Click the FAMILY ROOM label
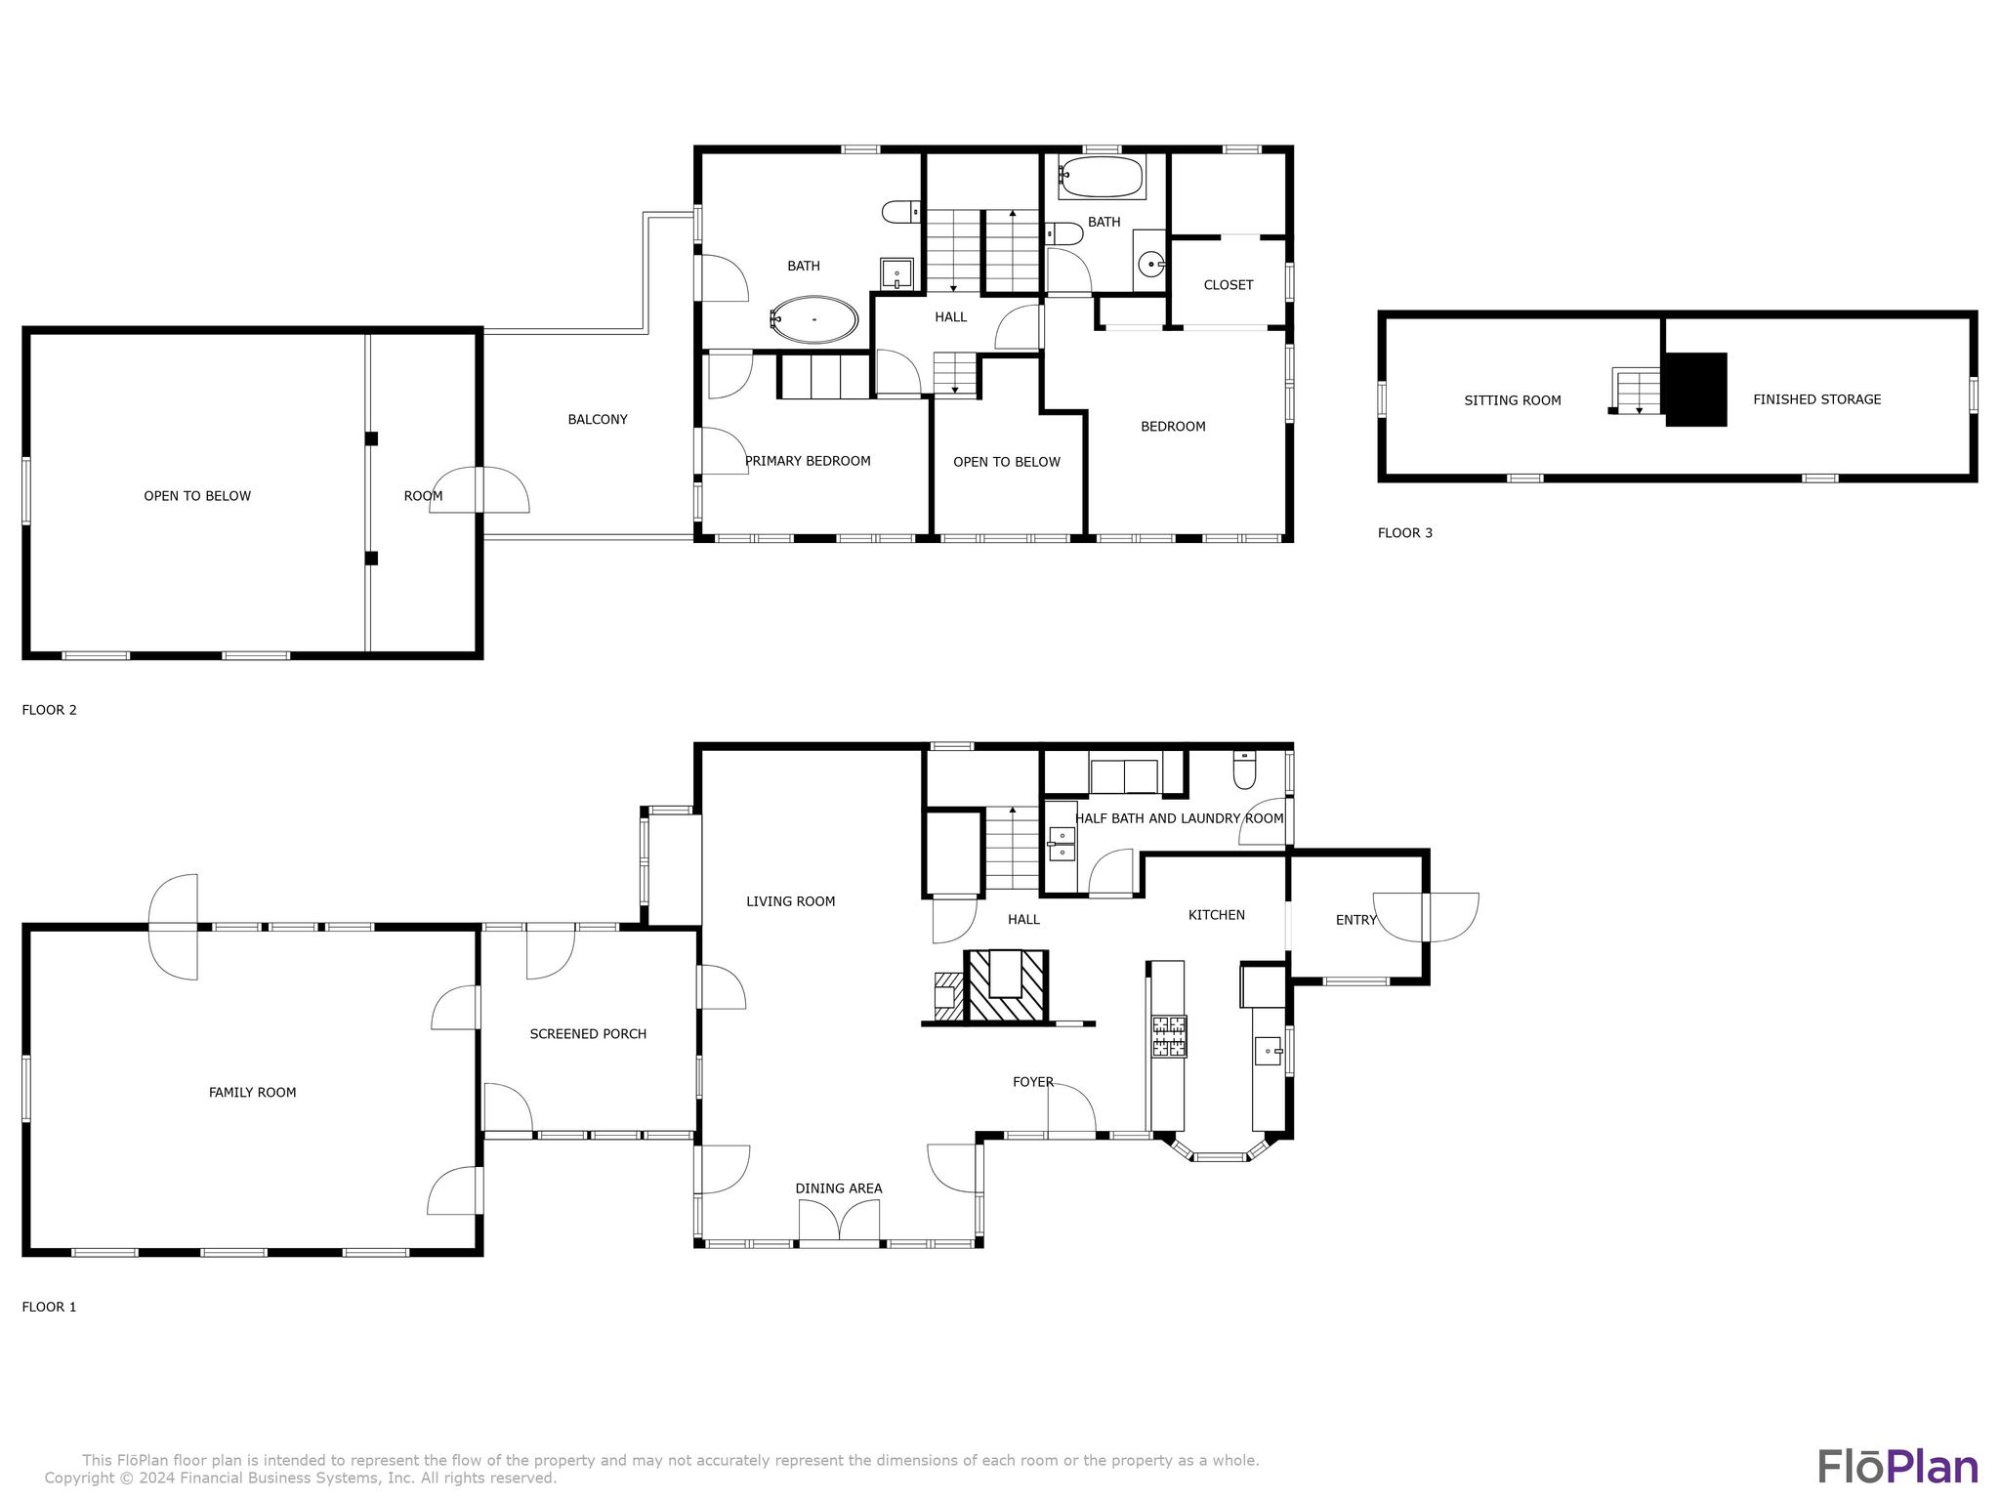tap(252, 1093)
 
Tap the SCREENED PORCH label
tap(588, 1034)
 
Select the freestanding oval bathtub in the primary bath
tap(813, 319)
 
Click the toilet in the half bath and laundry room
tap(1244, 771)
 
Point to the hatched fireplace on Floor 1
tap(1006, 986)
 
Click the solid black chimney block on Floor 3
tap(1695, 390)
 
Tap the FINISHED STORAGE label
tap(1816, 399)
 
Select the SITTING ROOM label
tap(1512, 400)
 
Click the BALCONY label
tap(598, 420)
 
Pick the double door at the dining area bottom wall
tap(839, 1222)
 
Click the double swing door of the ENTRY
tap(1425, 917)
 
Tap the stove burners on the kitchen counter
tap(1169, 1036)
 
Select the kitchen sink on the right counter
tap(1269, 1052)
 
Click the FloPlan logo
tap(1897, 1467)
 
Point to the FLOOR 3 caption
tap(1404, 533)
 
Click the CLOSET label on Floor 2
tap(1228, 285)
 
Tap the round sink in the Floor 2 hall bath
tap(1153, 264)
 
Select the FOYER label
tap(1032, 1082)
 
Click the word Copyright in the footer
tap(78, 1479)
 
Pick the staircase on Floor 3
tap(1636, 391)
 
